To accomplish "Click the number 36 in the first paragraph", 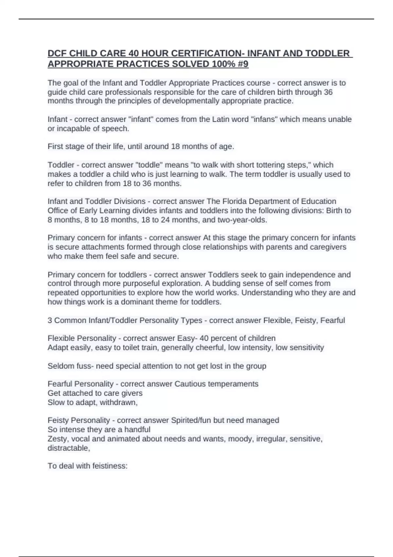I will click(x=328, y=92).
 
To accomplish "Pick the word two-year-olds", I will click(x=242, y=220).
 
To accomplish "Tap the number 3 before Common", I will click(x=50, y=320).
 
